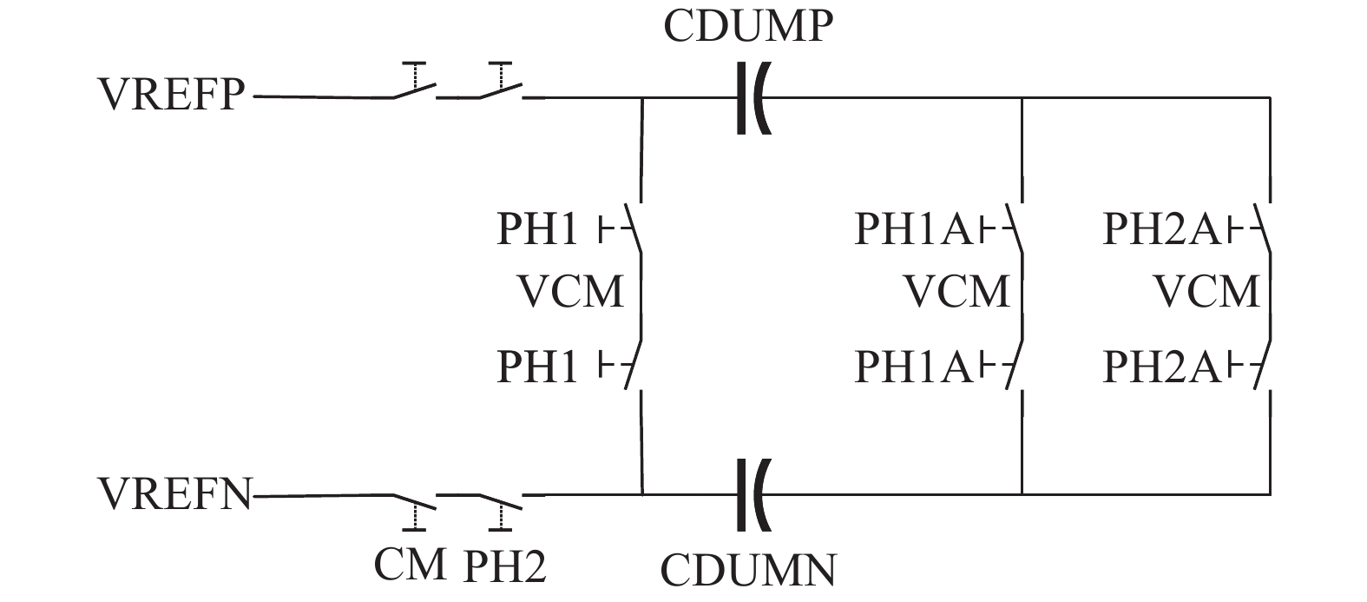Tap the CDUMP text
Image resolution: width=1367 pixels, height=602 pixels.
coord(748,27)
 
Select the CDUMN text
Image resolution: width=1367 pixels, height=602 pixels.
coord(748,570)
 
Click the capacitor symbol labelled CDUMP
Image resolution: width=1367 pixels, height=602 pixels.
coord(752,97)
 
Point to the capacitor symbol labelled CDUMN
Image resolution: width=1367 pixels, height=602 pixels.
coord(752,494)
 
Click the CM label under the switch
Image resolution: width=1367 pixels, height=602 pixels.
coord(411,565)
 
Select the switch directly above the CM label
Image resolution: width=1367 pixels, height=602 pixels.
coord(414,502)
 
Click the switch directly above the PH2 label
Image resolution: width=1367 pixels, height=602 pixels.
coord(500,502)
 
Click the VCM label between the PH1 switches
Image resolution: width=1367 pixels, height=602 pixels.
coord(570,291)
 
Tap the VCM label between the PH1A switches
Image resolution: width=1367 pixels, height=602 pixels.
coord(957,291)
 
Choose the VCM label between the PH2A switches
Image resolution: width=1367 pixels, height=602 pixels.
coord(1206,291)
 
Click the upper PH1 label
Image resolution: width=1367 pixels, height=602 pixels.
coord(537,229)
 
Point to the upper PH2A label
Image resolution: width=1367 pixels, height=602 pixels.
coord(1161,229)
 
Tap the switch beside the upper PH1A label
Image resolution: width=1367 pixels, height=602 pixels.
coord(1015,229)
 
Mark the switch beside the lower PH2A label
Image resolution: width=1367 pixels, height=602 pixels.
coord(1263,367)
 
